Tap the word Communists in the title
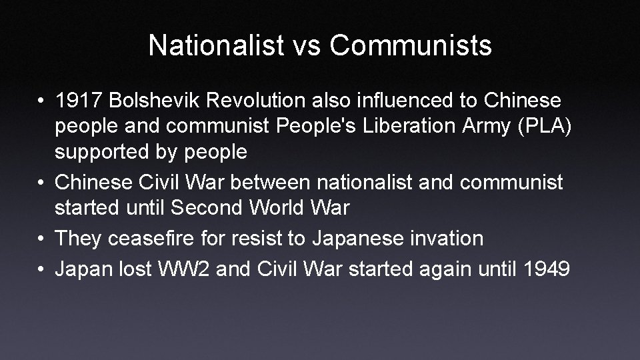click(x=411, y=45)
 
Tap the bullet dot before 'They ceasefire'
click(x=42, y=238)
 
